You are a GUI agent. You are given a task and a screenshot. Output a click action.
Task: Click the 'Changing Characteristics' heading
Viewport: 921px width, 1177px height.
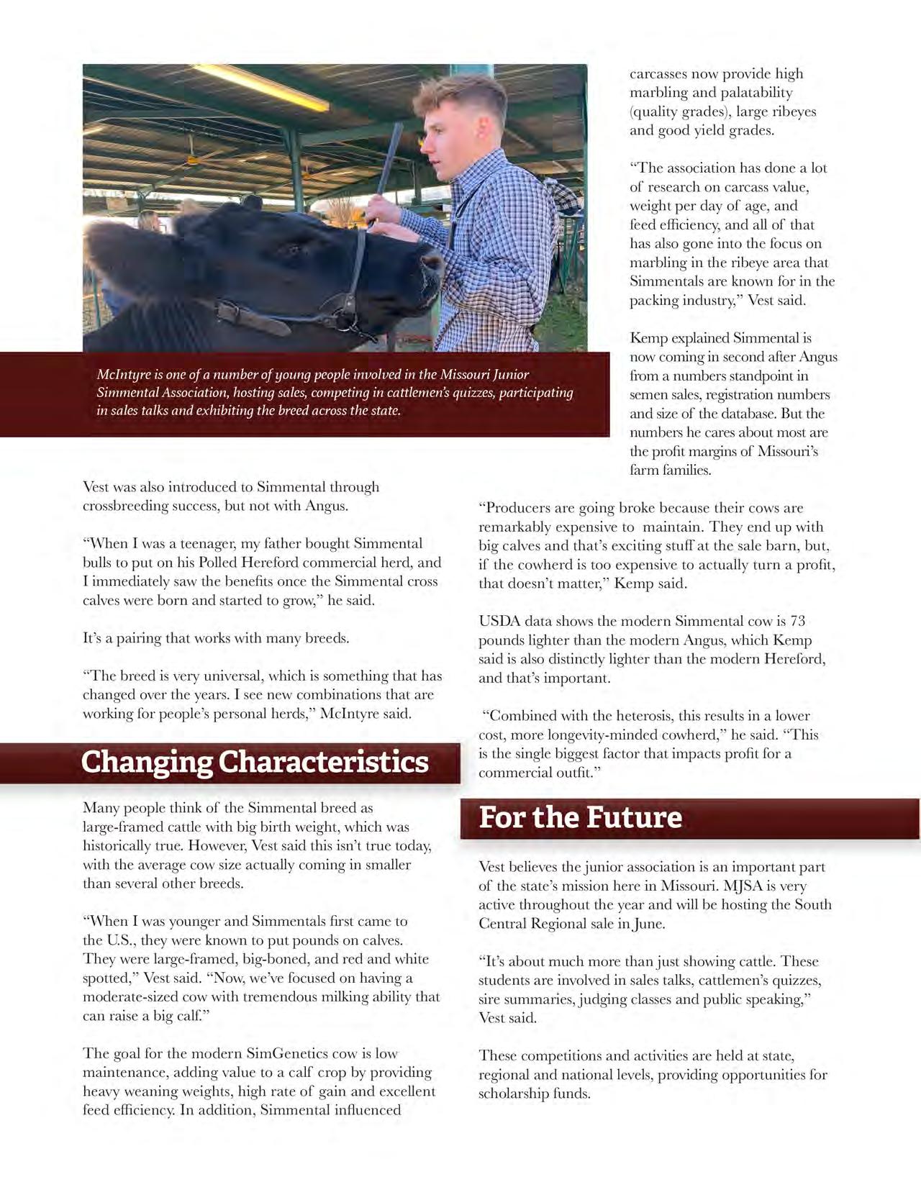coord(255,762)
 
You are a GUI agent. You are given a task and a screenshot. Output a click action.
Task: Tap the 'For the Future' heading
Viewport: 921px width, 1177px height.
coord(580,817)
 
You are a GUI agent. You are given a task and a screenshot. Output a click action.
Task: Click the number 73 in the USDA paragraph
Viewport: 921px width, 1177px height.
coord(797,621)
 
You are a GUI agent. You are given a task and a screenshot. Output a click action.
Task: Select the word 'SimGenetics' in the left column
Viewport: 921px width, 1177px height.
coord(287,1053)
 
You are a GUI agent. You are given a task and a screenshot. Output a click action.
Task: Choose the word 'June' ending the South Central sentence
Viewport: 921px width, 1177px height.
coord(648,924)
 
